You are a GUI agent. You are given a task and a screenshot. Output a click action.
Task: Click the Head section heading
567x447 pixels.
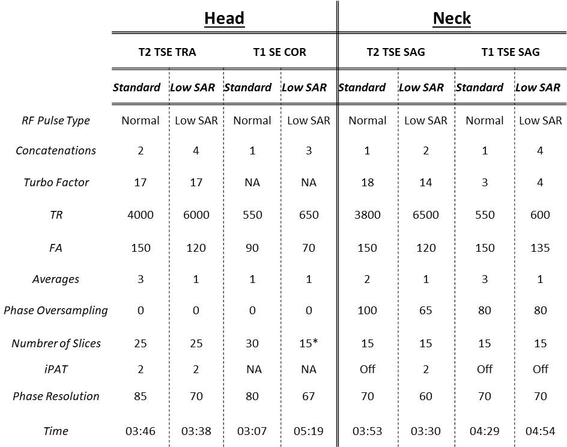(224, 19)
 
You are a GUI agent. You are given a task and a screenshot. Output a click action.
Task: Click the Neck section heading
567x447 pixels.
(452, 19)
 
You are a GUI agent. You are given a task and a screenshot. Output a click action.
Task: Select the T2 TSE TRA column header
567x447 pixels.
(167, 52)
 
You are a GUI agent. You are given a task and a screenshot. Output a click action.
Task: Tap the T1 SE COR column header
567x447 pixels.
(279, 52)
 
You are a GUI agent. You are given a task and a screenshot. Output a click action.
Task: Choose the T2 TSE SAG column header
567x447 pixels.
(396, 52)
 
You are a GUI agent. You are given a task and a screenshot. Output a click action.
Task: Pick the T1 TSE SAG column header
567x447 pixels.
(511, 52)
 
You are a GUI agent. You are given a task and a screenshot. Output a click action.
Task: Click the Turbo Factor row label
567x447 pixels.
(56, 182)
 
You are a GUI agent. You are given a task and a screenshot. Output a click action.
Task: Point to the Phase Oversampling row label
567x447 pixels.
(56, 311)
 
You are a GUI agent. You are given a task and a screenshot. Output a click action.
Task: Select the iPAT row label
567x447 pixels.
(56, 369)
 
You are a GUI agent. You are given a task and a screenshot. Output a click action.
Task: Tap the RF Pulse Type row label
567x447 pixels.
(56, 120)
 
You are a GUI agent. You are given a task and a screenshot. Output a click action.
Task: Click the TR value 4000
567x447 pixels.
(141, 214)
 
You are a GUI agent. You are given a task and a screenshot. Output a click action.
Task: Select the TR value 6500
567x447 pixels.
(425, 214)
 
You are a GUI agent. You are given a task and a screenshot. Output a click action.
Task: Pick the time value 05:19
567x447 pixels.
(309, 431)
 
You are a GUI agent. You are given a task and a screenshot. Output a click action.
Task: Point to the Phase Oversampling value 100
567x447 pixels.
(367, 311)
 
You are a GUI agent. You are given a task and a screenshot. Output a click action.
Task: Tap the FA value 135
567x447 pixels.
(540, 248)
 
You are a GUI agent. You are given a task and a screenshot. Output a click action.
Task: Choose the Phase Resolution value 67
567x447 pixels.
(309, 397)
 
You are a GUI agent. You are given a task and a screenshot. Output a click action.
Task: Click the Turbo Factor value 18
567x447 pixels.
(367, 182)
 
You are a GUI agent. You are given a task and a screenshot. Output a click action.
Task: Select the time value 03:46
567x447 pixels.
(141, 431)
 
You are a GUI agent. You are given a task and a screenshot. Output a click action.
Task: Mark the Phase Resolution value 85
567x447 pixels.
(141, 397)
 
